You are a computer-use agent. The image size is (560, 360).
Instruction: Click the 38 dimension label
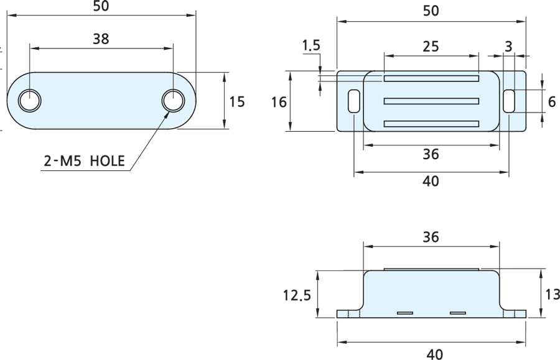101,39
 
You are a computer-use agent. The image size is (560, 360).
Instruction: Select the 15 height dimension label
237,101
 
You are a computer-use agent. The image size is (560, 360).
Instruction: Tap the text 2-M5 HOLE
85,162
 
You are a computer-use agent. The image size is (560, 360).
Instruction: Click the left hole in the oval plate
29,101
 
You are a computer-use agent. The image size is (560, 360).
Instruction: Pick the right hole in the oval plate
174,101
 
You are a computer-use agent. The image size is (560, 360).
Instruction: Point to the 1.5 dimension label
311,45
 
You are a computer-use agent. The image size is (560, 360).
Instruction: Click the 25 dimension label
431,45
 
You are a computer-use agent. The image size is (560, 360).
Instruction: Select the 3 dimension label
509,45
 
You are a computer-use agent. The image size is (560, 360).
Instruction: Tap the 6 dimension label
551,101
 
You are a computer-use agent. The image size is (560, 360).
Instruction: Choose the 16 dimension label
279,101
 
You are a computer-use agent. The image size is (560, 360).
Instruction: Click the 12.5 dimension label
296,294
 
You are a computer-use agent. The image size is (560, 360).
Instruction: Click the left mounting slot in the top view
353,101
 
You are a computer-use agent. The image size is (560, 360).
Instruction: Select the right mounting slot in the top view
509,101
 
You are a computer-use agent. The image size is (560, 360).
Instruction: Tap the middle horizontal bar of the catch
431,101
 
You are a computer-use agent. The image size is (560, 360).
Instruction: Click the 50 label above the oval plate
101,6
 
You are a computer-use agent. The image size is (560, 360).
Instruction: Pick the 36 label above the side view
431,237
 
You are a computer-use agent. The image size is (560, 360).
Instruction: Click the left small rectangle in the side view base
405,312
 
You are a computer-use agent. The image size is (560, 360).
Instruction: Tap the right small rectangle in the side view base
458,312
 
